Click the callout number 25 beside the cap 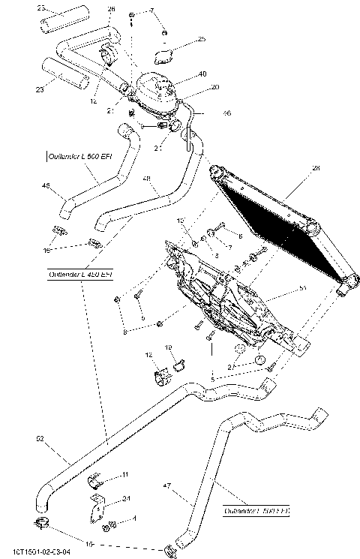[x=202, y=39]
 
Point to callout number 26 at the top [x=112, y=9]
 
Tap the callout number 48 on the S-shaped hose [x=146, y=179]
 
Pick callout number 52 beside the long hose [x=40, y=438]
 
